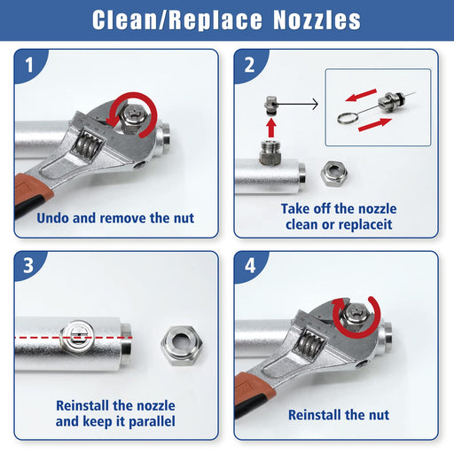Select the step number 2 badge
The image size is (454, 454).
coord(248,65)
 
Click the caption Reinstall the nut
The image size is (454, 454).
coord(339,414)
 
